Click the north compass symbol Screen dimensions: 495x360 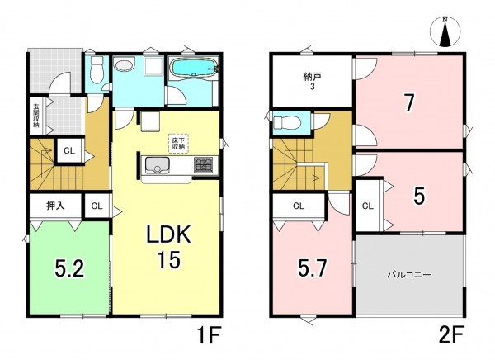(x=445, y=31)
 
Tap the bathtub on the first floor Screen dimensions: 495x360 (x=193, y=68)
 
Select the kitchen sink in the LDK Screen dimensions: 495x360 (x=158, y=165)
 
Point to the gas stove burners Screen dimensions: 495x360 (x=204, y=164)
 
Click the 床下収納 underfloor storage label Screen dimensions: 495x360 (x=178, y=144)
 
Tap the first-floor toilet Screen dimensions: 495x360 (x=97, y=70)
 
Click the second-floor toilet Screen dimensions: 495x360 (x=285, y=122)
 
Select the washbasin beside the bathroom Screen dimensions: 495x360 (x=125, y=65)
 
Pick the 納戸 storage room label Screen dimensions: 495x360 (x=312, y=81)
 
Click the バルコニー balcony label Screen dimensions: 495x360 (x=409, y=275)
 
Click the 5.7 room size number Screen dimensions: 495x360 (x=313, y=269)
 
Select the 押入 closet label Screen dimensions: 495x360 (x=55, y=206)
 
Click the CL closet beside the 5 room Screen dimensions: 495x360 (x=368, y=206)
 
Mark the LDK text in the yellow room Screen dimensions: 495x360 (x=167, y=234)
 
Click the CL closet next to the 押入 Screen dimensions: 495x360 (x=97, y=206)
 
